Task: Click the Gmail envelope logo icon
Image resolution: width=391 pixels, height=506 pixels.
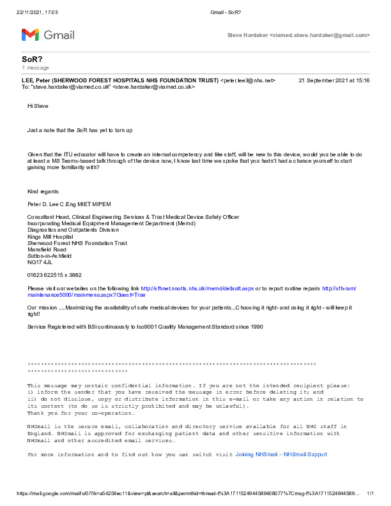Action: pos(30,34)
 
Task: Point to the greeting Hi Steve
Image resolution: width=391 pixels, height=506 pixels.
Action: pos(37,106)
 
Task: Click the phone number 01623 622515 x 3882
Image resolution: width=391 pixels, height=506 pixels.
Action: pos(54,275)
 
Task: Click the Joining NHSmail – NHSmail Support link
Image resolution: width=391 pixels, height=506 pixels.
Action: pos(280,454)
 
